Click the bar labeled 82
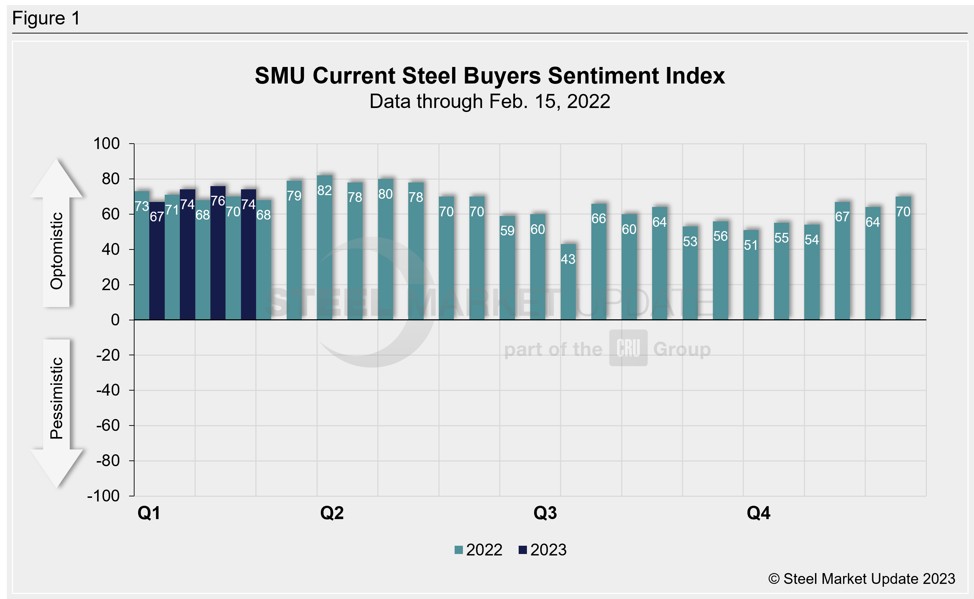(324, 248)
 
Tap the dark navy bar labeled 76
(218, 253)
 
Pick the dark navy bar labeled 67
(157, 261)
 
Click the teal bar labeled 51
(751, 275)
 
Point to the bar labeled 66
(598, 261)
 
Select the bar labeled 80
(386, 249)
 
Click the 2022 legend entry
(478, 550)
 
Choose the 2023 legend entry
(543, 550)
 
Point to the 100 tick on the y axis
(106, 143)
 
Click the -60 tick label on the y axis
(108, 425)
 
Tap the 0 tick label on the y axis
(115, 320)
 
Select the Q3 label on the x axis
(545, 513)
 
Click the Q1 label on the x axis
(149, 513)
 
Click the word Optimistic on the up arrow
(56, 251)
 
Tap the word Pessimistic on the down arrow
(56, 398)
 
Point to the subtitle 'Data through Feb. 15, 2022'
(490, 102)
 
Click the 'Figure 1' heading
(46, 18)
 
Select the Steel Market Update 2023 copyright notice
(861, 579)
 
